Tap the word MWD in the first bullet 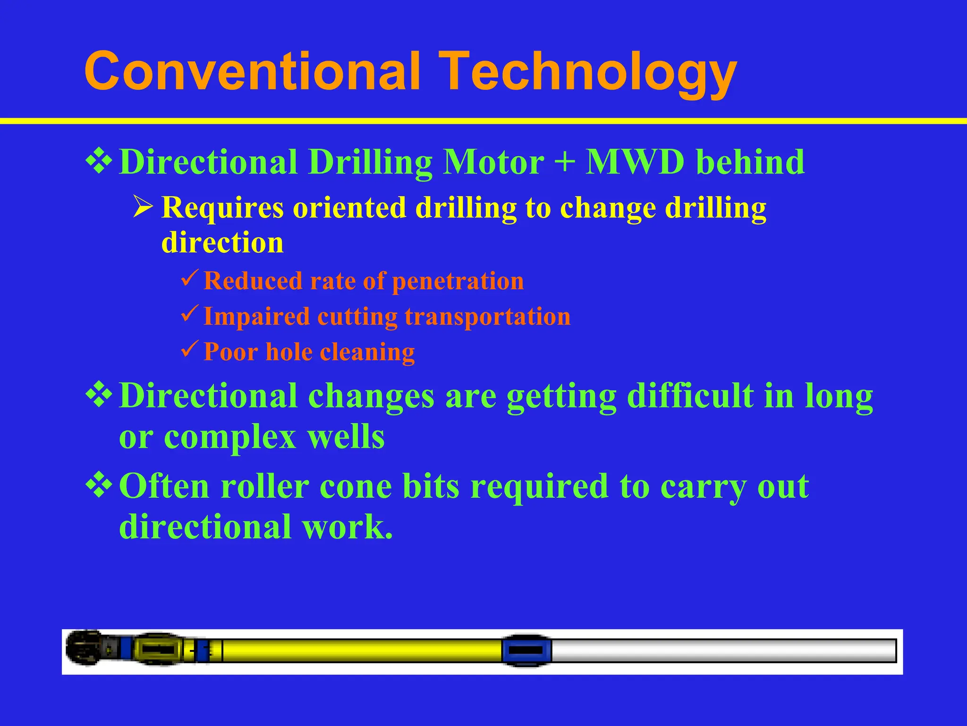click(635, 162)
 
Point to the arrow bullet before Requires click(143, 207)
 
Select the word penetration click(458, 281)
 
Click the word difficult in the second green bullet click(690, 396)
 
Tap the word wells click(346, 437)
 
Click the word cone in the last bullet click(355, 486)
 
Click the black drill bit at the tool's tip click(85, 648)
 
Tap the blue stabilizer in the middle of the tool click(526, 650)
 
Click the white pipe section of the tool click(722, 650)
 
